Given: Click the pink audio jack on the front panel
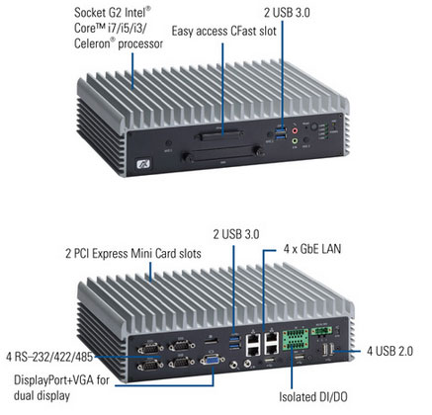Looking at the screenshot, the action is click(296, 130).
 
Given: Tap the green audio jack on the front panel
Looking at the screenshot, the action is click(295, 141).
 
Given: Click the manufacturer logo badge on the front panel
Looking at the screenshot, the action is click(143, 163).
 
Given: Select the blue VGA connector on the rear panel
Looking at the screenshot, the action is click(212, 360).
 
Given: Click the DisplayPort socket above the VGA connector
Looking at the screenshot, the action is click(213, 341).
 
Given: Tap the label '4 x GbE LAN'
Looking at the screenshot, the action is click(312, 249).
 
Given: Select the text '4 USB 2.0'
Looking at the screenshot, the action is click(389, 351).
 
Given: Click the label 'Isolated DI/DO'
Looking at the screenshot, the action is click(313, 397).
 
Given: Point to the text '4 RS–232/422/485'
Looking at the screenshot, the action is click(49, 357).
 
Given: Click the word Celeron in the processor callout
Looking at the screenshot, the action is click(94, 43).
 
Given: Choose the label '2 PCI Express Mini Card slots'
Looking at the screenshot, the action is click(133, 254).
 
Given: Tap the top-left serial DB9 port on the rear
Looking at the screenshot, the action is click(150, 348).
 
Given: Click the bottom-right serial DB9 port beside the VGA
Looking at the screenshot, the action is click(181, 364).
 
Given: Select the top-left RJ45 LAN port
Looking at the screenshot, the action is click(253, 338).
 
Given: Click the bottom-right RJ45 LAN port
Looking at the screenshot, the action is click(272, 350).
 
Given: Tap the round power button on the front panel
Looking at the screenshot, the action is click(314, 126).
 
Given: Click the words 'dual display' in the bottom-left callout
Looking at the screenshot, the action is click(42, 395).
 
